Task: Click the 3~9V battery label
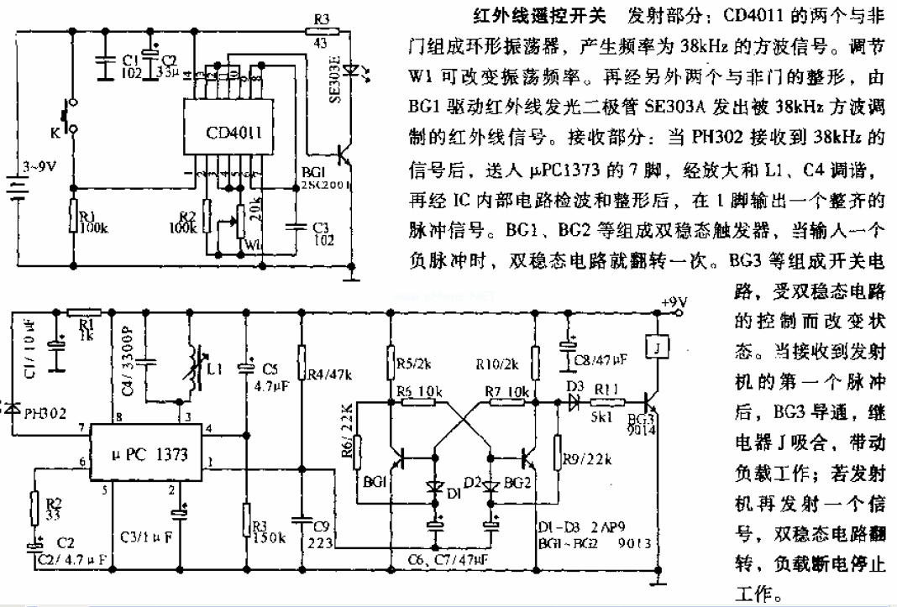(41, 166)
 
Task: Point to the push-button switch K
(65, 120)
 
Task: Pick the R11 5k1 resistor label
(606, 403)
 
